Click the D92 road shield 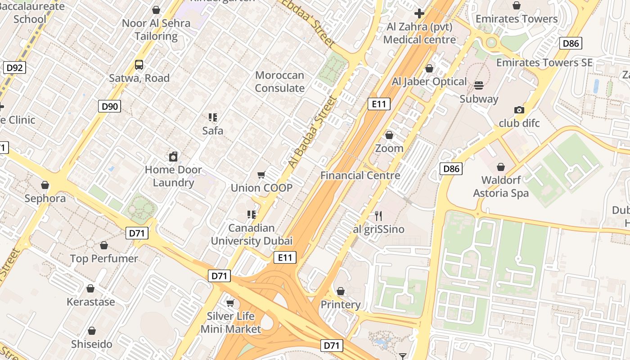[x=14, y=68]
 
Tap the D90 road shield [x=109, y=107]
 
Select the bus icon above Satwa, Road [x=139, y=65]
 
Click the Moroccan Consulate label [x=279, y=81]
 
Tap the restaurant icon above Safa [x=213, y=118]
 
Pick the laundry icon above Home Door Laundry [x=173, y=157]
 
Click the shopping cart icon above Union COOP [x=261, y=175]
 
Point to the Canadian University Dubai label [x=252, y=234]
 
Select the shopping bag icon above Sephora [x=45, y=185]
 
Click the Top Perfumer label [x=104, y=259]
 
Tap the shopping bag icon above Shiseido [x=92, y=331]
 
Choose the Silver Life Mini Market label [x=230, y=323]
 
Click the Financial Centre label [x=360, y=175]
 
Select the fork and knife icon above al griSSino [x=378, y=216]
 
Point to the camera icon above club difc [x=519, y=110]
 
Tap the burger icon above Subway [x=479, y=85]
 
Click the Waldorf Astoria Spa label [x=501, y=187]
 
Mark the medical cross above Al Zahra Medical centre [x=419, y=13]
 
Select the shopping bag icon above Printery [x=341, y=292]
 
